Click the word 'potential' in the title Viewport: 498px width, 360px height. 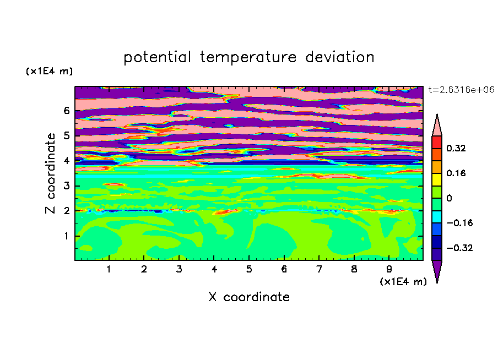click(x=157, y=57)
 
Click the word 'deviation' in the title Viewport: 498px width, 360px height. click(x=340, y=57)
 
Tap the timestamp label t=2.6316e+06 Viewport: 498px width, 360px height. click(x=461, y=90)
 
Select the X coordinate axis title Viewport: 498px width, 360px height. click(x=249, y=297)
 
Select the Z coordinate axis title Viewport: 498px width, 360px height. click(x=50, y=173)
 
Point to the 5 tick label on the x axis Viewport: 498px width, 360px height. click(x=249, y=269)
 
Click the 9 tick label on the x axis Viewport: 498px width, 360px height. click(x=389, y=269)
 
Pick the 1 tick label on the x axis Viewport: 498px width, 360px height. click(x=109, y=269)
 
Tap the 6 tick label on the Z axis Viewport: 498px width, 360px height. click(x=66, y=111)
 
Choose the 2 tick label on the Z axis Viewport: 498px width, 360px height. click(x=66, y=211)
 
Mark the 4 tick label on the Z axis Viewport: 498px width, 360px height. click(x=66, y=161)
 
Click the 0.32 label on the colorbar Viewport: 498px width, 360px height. click(x=456, y=148)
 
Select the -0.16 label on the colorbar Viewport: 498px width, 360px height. click(x=459, y=223)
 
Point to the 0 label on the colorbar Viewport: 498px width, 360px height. click(x=449, y=198)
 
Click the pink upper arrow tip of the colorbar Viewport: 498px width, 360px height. click(x=437, y=114)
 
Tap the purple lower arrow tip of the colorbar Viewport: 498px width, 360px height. click(x=437, y=282)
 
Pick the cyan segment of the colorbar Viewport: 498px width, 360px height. click(x=437, y=217)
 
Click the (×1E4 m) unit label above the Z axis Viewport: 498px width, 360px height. click(x=49, y=71)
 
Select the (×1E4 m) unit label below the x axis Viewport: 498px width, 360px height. click(x=403, y=282)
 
